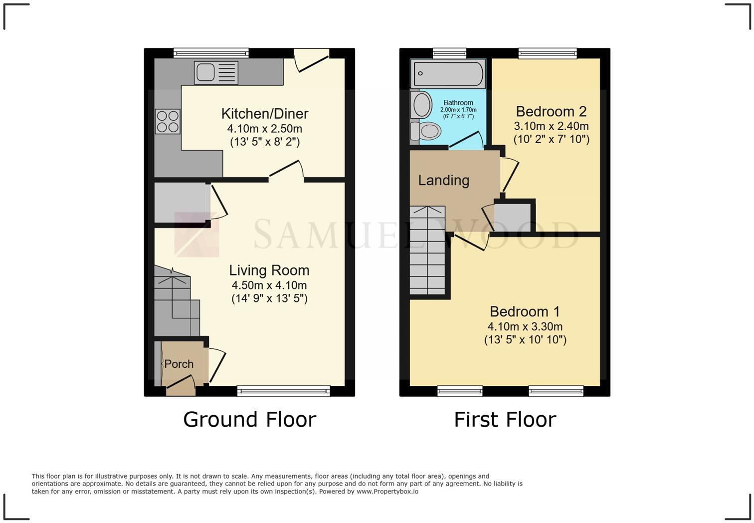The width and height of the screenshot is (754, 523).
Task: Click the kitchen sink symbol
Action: (x=216, y=73)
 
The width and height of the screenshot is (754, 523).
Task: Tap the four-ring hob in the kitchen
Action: (x=168, y=121)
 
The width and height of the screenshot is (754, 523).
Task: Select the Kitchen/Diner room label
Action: (x=264, y=114)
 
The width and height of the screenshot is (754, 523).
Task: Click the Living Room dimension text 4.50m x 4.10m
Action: (x=269, y=285)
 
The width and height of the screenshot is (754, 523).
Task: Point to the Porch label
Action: (x=179, y=364)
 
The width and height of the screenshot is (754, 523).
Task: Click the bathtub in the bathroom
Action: (x=448, y=73)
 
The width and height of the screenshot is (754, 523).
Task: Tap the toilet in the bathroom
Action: (x=426, y=132)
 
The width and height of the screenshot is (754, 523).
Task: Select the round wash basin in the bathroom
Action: (x=422, y=105)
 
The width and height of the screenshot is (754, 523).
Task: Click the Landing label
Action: (x=443, y=180)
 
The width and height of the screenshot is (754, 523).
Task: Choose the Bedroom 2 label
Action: (x=551, y=111)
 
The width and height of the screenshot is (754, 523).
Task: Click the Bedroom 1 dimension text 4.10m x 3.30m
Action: (x=525, y=327)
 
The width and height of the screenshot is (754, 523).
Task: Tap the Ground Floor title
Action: (x=249, y=420)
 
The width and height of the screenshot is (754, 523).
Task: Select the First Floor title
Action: (x=505, y=420)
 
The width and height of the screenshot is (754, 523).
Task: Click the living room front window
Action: (x=283, y=391)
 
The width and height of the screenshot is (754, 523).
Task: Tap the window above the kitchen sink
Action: (x=211, y=53)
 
